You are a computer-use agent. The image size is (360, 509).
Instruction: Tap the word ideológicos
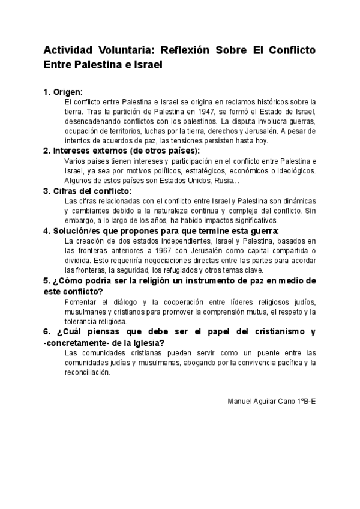293,171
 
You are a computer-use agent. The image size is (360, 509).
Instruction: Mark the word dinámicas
294,201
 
